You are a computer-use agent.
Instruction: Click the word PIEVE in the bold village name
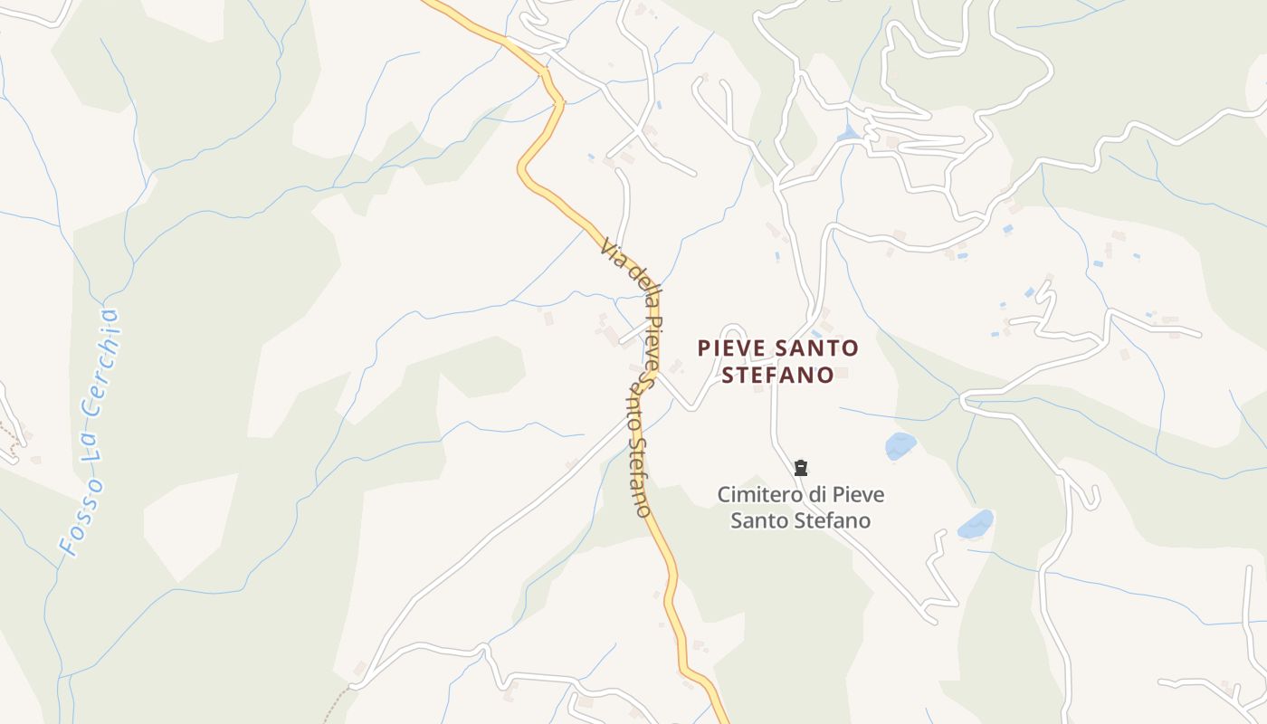pyautogui.click(x=729, y=348)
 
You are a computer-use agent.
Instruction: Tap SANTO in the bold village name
pyautogui.click(x=815, y=348)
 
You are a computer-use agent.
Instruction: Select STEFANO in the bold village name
pyautogui.click(x=777, y=375)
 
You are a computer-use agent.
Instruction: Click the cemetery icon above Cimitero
pyautogui.click(x=801, y=468)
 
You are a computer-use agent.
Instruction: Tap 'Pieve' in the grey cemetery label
pyautogui.click(x=858, y=495)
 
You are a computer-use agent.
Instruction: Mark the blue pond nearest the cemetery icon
pyautogui.click(x=900, y=444)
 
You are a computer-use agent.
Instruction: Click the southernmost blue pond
pyautogui.click(x=976, y=523)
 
